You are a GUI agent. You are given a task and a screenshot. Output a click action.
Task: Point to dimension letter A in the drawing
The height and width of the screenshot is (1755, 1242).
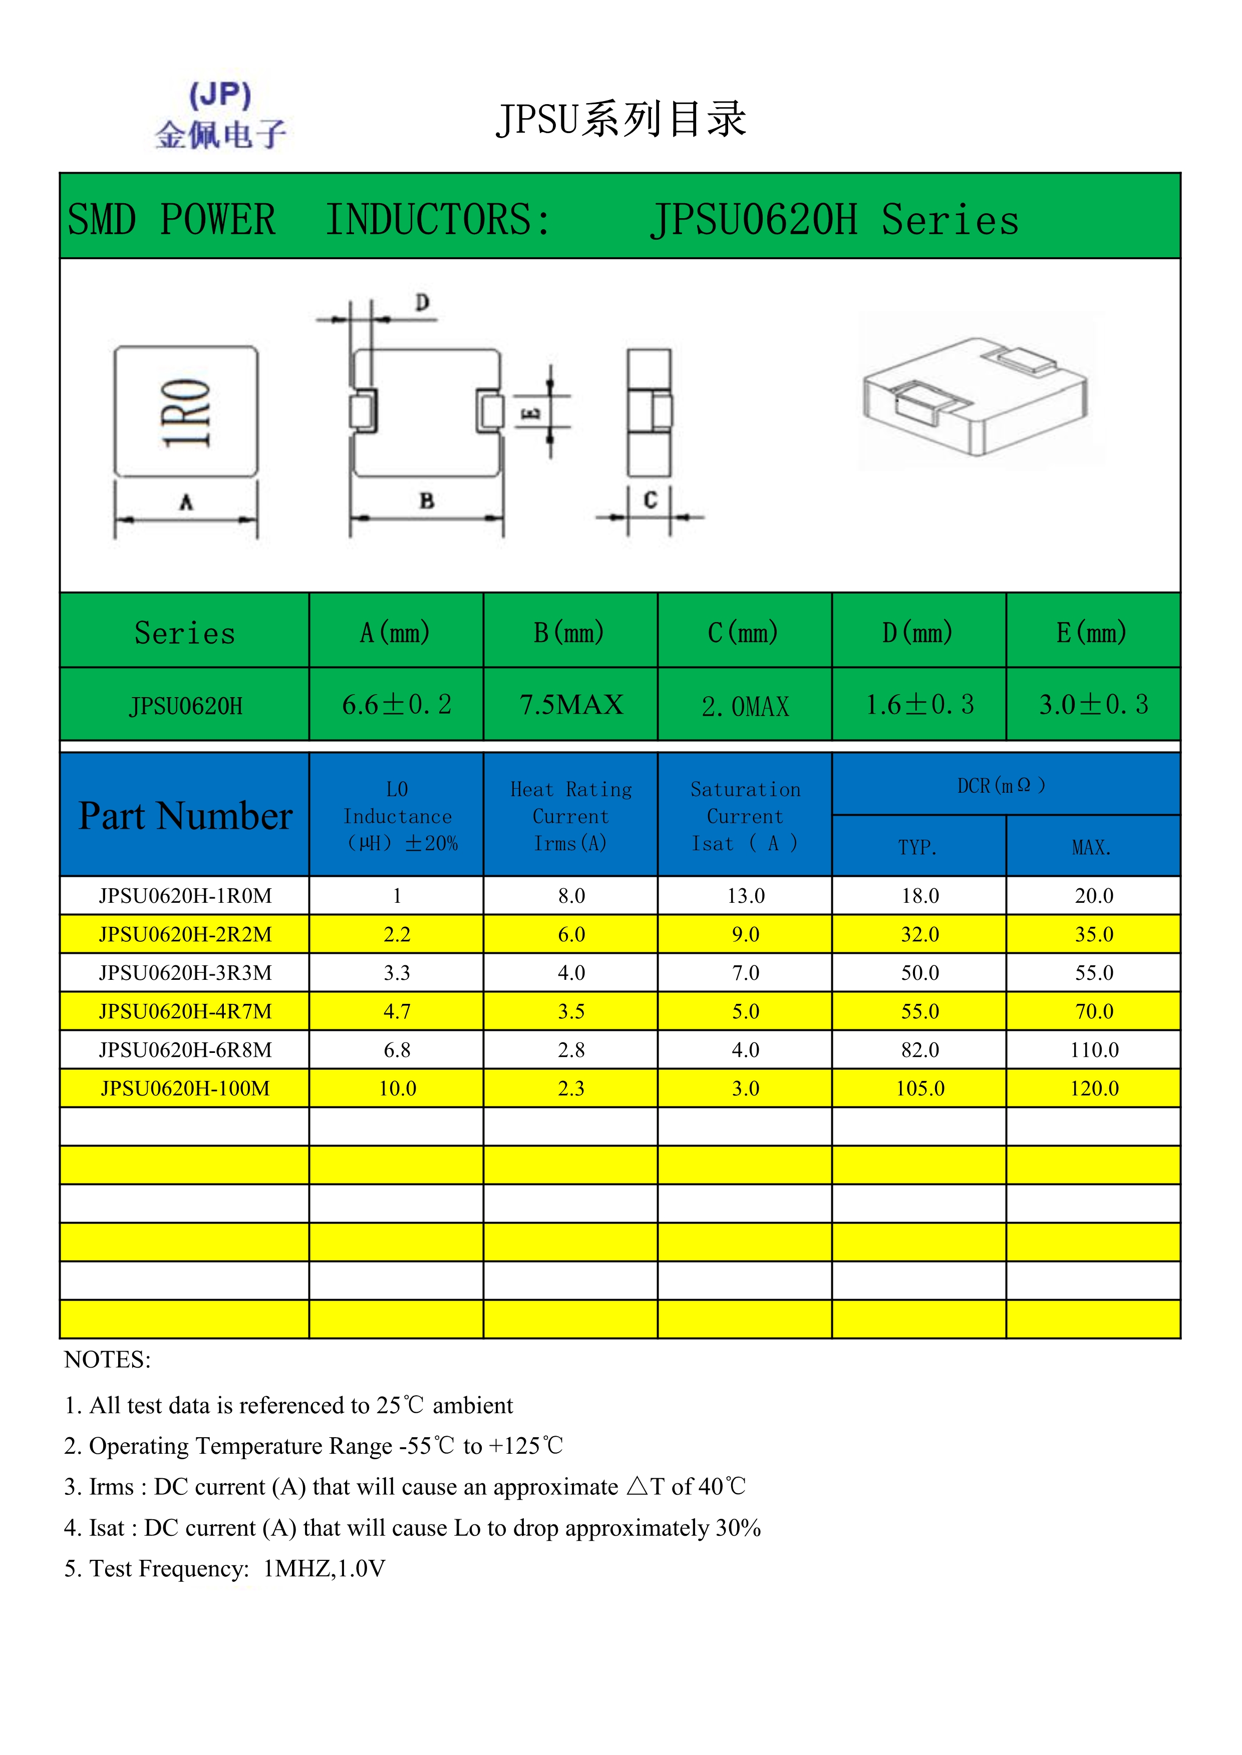[x=186, y=502]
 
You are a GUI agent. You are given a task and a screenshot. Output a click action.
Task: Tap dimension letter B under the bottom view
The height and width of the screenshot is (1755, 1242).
[x=427, y=500]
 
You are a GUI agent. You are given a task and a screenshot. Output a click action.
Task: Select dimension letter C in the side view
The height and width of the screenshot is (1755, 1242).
[x=650, y=500]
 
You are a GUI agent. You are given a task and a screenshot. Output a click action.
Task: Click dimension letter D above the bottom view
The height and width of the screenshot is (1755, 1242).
[x=422, y=303]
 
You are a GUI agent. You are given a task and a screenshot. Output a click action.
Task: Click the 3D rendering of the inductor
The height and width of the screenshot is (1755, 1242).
[x=975, y=394]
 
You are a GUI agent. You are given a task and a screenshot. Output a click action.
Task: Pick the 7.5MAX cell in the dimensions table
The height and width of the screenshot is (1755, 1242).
[x=571, y=705]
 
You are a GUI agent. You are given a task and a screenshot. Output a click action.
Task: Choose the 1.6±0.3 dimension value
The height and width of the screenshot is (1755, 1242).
[x=919, y=705]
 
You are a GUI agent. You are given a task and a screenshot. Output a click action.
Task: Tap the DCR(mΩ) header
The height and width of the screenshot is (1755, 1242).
[x=1002, y=786]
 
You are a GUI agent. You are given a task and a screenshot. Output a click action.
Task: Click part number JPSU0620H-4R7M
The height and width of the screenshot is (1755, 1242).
[x=185, y=1011]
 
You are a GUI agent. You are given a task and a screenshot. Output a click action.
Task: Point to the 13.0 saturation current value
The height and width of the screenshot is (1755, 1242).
[x=746, y=896]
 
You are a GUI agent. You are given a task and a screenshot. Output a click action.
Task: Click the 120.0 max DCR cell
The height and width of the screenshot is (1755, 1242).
[x=1094, y=1088]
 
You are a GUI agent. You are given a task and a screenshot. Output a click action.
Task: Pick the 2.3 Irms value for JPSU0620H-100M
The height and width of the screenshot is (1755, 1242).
[x=571, y=1088]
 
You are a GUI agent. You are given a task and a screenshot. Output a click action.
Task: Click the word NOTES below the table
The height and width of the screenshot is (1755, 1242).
[x=108, y=1360]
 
